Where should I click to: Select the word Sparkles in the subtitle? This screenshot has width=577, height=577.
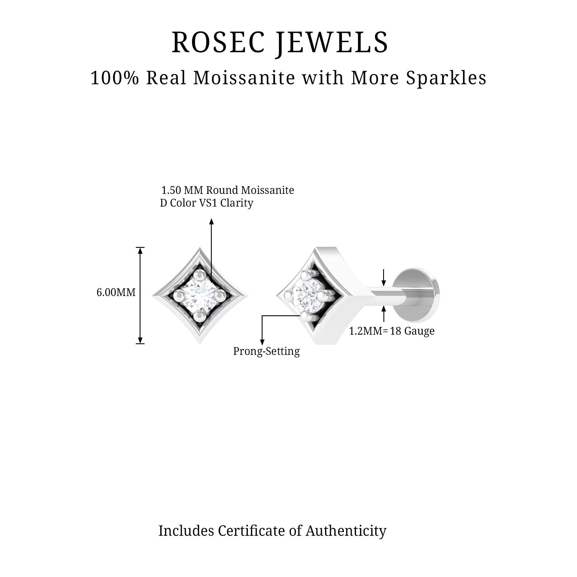(446, 78)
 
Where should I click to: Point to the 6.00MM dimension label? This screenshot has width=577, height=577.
(116, 292)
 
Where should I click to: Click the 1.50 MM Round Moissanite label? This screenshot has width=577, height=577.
(228, 190)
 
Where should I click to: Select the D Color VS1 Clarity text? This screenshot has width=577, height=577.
(206, 203)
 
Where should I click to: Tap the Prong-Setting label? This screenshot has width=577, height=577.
(266, 351)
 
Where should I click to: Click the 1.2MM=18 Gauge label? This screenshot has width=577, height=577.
(391, 331)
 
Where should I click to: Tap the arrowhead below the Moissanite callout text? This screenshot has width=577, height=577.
(211, 221)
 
